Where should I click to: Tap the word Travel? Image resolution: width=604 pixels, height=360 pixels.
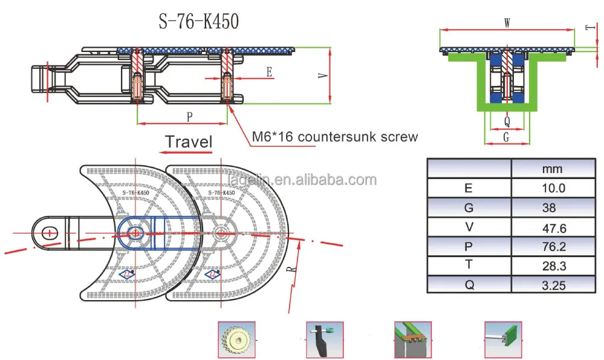[x=189, y=142]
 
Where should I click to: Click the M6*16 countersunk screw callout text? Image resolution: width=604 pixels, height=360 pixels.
[x=334, y=137]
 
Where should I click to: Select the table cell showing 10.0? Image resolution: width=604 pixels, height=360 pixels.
[x=553, y=188]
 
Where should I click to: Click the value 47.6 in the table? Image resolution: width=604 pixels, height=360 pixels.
[x=553, y=226]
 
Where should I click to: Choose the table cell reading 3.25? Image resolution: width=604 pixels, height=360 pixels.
[x=553, y=284]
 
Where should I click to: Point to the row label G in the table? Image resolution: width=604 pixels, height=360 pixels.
[x=468, y=207]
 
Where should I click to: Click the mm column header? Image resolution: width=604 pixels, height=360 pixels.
[x=553, y=168]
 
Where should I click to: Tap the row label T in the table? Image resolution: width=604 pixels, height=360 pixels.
[x=468, y=264]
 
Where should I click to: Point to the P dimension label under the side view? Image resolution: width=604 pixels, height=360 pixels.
[x=189, y=115]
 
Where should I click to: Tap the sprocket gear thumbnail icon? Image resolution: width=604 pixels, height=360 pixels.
[x=235, y=339]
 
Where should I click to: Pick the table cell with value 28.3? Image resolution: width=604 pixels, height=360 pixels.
[x=553, y=264]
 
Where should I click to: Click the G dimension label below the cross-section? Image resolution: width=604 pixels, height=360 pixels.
[x=507, y=137]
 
